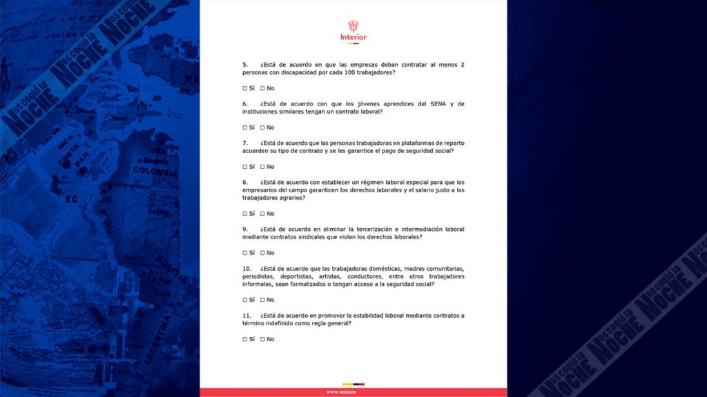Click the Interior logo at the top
pos(353,31)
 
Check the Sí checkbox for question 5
pos(244,88)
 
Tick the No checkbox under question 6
pos(262,128)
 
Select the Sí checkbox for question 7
pos(244,167)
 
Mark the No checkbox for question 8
pos(262,214)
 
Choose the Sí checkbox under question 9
pos(244,253)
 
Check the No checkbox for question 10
pos(262,300)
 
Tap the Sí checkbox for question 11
pos(244,339)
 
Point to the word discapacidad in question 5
pos(298,72)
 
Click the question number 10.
pos(246,268)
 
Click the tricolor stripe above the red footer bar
pos(353,384)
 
